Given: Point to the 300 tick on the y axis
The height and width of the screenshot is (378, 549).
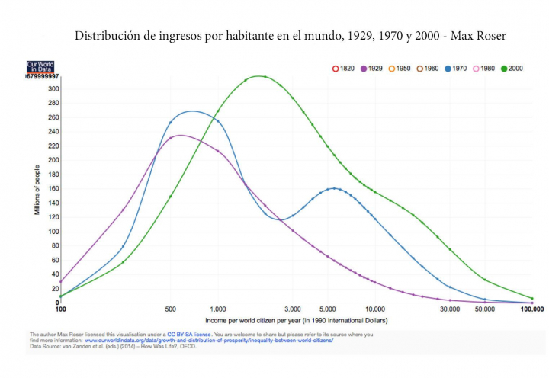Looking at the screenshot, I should (x=53, y=89).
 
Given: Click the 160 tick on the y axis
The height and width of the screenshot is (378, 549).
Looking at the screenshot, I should (x=53, y=188).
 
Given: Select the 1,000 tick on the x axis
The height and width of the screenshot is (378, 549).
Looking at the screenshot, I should (x=217, y=309).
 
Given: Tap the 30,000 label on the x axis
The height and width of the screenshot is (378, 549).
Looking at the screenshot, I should (x=449, y=309).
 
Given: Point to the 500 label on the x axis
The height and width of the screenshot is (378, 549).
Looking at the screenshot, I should (x=170, y=309).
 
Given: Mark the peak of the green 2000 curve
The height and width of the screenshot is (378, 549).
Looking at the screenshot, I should (x=261, y=76).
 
